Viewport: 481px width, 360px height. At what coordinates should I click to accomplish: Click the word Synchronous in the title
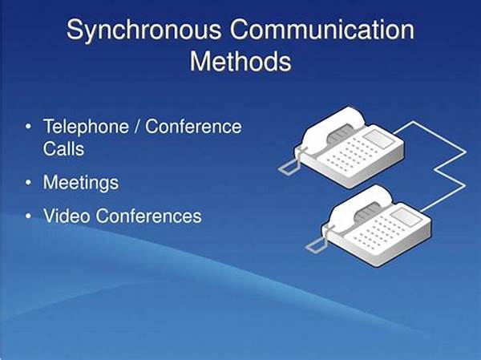click(143, 30)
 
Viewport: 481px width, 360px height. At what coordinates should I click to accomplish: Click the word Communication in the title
click(322, 29)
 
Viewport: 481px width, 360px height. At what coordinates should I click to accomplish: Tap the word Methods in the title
click(240, 61)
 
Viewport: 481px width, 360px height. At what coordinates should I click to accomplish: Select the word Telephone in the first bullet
click(86, 127)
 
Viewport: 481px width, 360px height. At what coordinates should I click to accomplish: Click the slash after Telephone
click(137, 126)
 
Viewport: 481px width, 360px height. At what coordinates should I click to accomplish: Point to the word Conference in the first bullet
click(193, 126)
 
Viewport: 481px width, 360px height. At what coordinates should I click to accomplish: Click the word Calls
click(63, 149)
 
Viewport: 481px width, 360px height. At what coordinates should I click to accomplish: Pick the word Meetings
click(81, 184)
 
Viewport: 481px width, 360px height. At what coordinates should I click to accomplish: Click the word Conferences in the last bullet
click(148, 216)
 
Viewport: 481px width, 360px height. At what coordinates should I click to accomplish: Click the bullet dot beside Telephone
click(29, 127)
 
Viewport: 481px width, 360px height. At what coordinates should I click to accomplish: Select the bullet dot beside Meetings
click(29, 182)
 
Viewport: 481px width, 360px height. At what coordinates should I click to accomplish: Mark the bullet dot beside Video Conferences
click(29, 216)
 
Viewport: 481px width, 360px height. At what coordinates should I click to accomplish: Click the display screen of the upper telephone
click(380, 139)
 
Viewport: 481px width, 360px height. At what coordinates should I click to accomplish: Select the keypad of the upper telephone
click(354, 154)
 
